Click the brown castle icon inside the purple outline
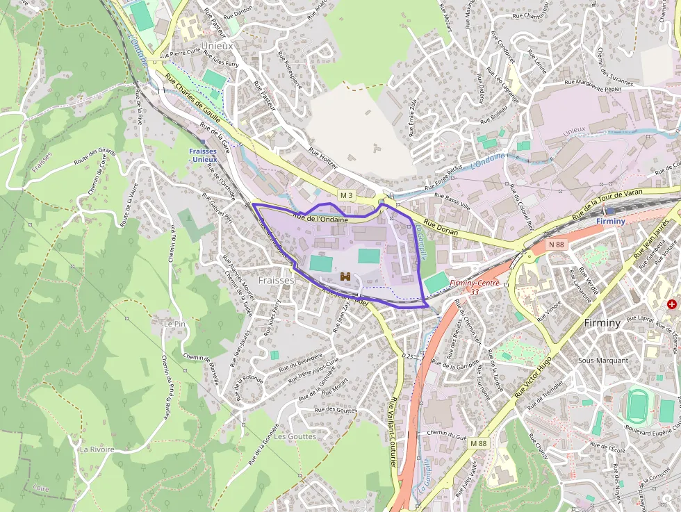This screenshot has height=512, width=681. (x=345, y=276)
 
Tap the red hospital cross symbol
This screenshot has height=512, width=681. (x=671, y=304)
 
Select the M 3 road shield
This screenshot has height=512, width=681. (x=347, y=195)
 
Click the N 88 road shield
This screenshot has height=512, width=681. (x=556, y=244)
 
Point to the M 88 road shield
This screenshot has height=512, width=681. (x=478, y=443)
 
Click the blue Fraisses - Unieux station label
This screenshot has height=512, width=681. (x=203, y=155)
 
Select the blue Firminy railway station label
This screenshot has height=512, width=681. (x=611, y=221)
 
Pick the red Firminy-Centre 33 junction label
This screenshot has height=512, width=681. (x=475, y=287)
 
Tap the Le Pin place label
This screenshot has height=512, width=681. (x=174, y=324)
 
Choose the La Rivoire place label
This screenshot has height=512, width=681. (x=97, y=449)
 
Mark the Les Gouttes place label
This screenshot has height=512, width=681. (x=294, y=436)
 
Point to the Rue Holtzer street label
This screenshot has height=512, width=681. (x=322, y=154)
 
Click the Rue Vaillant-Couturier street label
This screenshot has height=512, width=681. (x=394, y=431)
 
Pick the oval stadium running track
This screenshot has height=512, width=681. (x=637, y=406)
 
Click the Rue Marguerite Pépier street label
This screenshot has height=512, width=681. (x=593, y=84)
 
